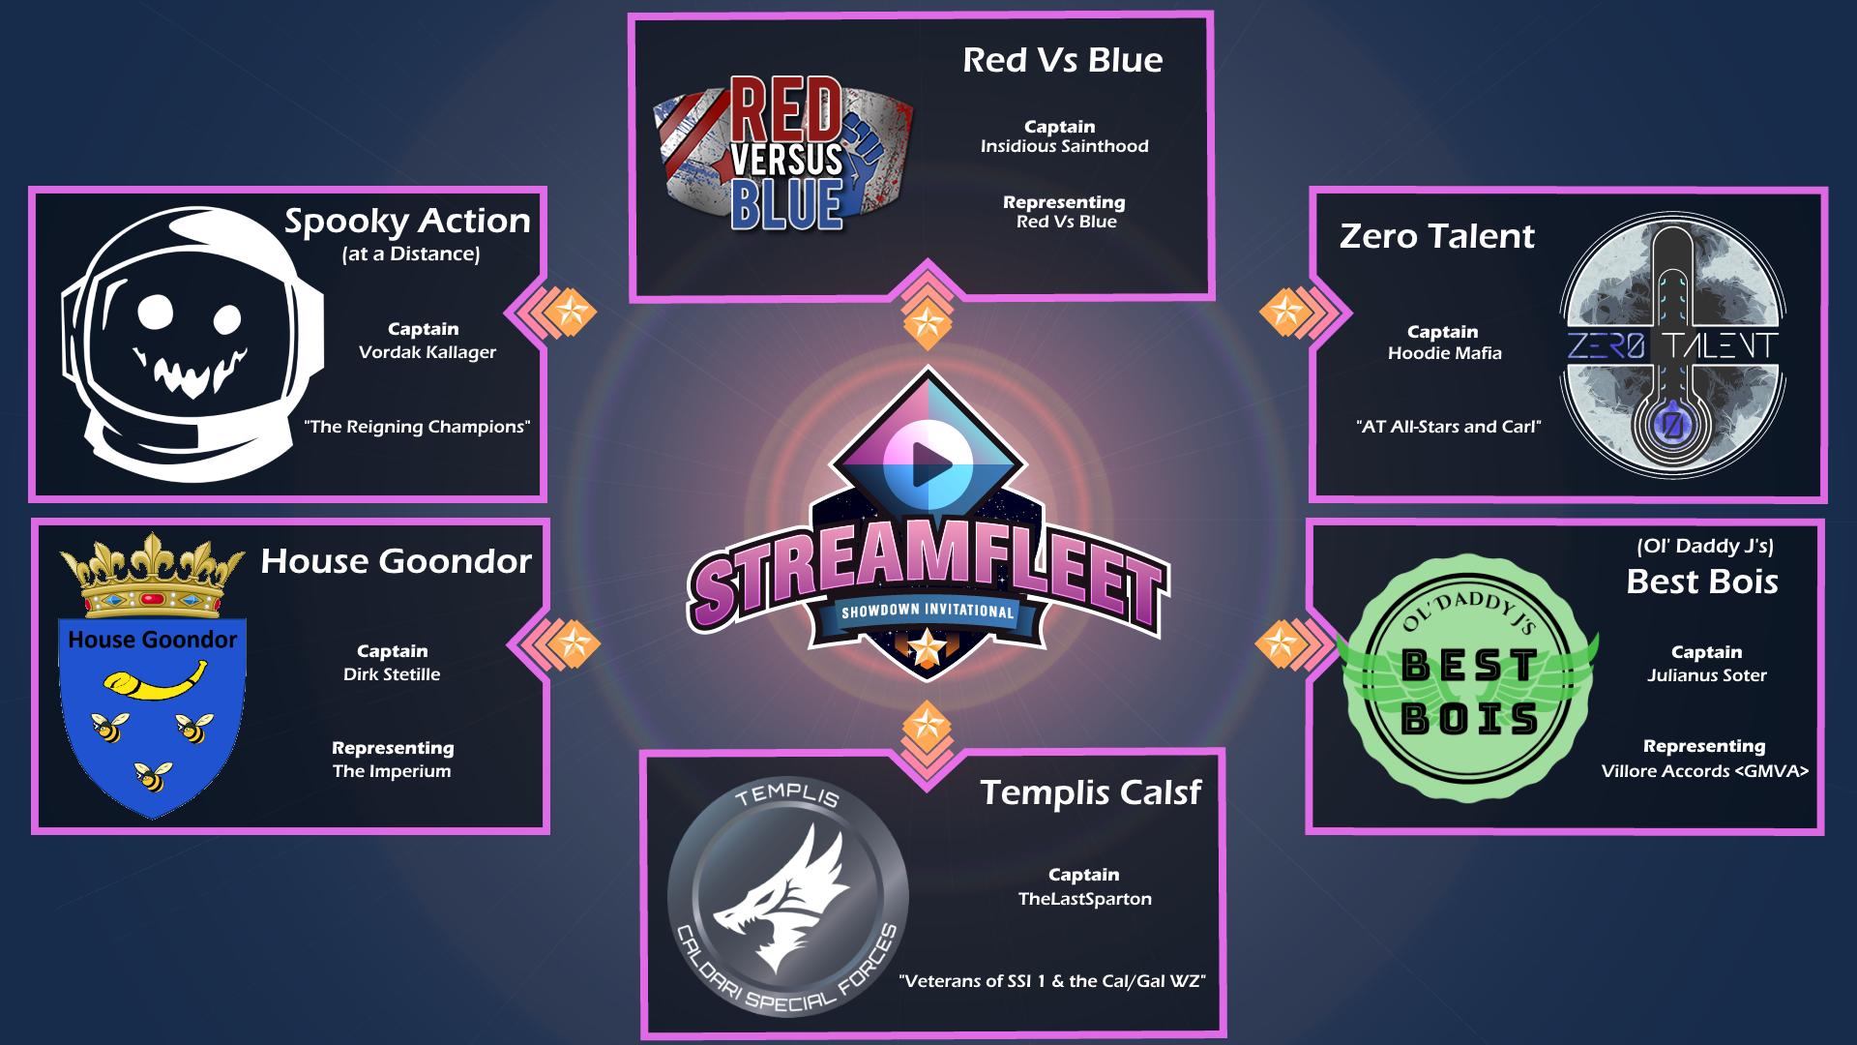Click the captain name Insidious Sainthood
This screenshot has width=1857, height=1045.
[1064, 147]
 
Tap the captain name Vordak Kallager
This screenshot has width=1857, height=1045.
[427, 352]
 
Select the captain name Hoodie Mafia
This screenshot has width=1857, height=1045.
[1444, 353]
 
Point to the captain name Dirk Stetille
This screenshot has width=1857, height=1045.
[392, 674]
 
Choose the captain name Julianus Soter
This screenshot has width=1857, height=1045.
[1706, 675]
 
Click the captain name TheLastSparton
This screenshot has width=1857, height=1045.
[1084, 899]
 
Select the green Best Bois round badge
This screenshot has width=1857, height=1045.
[1468, 692]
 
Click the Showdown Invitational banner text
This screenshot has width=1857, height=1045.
[928, 612]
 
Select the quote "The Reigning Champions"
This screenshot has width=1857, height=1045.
[418, 427]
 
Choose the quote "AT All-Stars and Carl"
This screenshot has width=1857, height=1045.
[1448, 427]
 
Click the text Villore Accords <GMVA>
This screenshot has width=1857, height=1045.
[1704, 771]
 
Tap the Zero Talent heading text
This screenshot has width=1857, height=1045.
[1436, 236]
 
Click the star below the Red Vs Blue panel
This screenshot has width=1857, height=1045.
[927, 319]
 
